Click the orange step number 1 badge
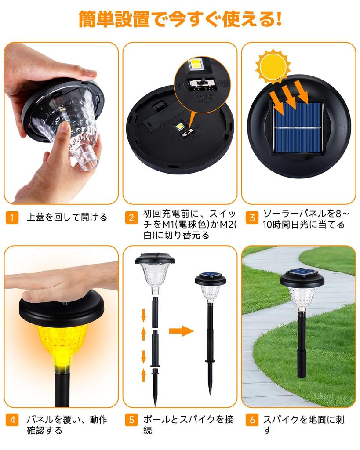point(12,218)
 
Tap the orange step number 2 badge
point(131,218)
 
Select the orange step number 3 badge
point(251,218)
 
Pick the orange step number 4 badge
point(12,420)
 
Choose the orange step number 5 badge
point(131,420)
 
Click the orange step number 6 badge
point(251,420)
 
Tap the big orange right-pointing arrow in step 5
point(181,330)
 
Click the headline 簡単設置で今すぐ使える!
point(180,19)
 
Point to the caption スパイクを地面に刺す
point(303,425)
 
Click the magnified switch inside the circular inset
point(203,83)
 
